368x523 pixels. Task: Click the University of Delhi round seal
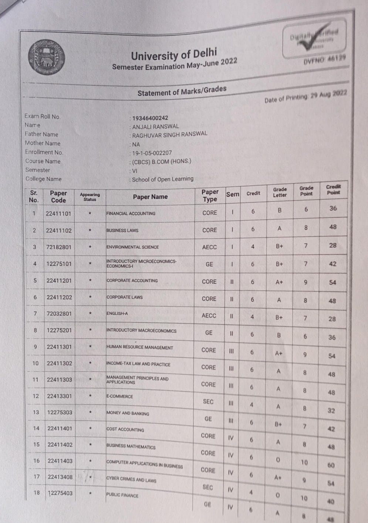click(x=47, y=57)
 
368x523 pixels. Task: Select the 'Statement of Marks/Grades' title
click(x=182, y=91)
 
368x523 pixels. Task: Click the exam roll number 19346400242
click(x=150, y=118)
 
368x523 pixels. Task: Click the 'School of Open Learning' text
click(x=163, y=179)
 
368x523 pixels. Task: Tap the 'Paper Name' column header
click(x=150, y=197)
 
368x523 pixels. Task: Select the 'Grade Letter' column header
click(x=280, y=192)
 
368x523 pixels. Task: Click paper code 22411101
click(x=58, y=213)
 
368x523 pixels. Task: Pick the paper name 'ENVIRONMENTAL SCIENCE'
click(x=132, y=247)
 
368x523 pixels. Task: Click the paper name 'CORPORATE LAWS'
click(x=124, y=297)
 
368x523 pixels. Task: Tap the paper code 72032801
click(x=59, y=314)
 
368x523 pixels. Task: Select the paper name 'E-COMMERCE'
click(x=119, y=396)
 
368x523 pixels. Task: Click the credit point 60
click(x=331, y=465)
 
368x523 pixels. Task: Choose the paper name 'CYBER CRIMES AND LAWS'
click(x=131, y=479)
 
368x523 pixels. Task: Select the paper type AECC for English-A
click(x=209, y=316)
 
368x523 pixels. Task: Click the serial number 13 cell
click(x=36, y=412)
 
